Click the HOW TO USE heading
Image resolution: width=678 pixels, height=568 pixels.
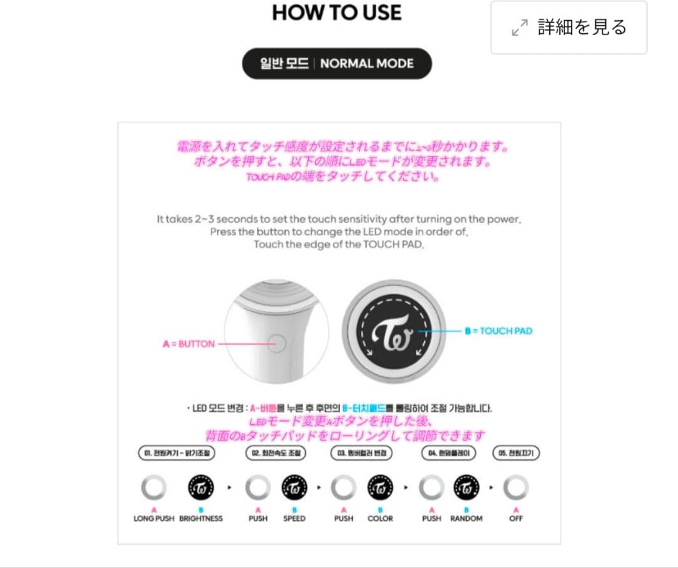(336, 13)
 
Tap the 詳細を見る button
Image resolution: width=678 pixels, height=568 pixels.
(569, 28)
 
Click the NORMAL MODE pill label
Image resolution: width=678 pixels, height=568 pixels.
(337, 63)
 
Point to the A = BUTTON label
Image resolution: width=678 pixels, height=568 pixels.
(188, 344)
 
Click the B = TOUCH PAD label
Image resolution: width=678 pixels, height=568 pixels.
(498, 331)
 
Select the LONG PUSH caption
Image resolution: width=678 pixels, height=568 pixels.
(154, 518)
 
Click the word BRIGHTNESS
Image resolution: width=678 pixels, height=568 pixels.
(201, 518)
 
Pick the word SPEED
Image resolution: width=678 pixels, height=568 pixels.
(294, 518)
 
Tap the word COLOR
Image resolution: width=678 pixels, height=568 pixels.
(380, 518)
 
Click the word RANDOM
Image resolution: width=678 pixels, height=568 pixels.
(466, 518)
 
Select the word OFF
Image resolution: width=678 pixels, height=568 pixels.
(516, 518)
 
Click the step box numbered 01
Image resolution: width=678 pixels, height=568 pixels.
(176, 453)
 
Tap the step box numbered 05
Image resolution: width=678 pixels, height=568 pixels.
(517, 453)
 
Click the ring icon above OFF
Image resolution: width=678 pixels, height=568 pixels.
(516, 486)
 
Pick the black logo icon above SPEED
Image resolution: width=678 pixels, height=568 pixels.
(294, 486)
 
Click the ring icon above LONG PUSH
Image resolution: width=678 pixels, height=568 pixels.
(154, 486)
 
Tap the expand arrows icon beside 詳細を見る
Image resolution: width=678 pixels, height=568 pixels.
(520, 28)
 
